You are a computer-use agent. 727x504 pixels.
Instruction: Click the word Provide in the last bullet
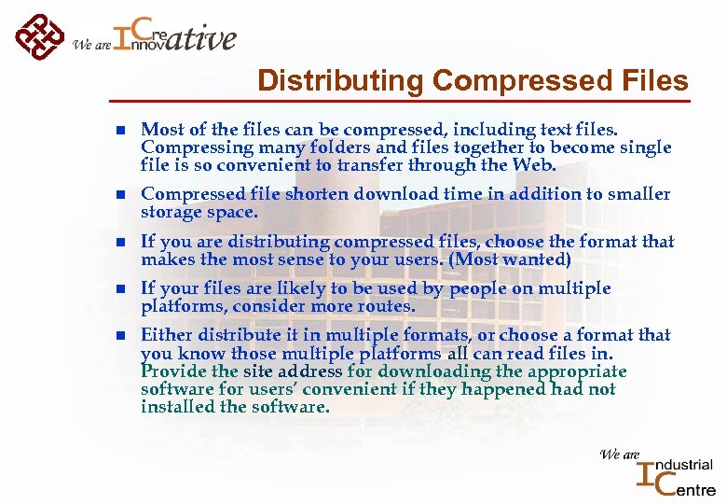[x=171, y=371]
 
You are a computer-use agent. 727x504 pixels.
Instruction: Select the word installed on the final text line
[x=173, y=407]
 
